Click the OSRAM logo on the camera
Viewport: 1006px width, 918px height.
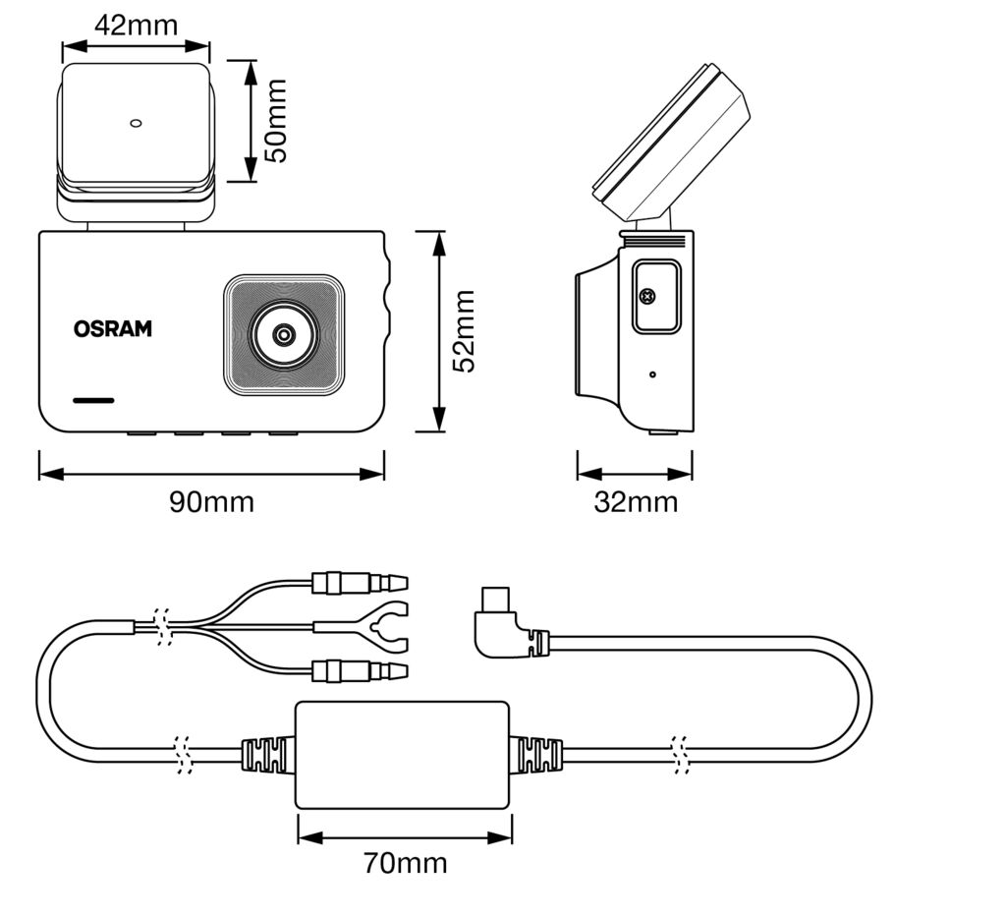[113, 329]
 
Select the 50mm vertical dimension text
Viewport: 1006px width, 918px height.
[276, 121]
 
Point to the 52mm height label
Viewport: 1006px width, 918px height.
[463, 331]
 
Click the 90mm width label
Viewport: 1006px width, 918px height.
[211, 502]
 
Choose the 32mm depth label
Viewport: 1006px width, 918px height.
[636, 502]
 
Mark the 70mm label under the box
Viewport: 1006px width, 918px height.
[405, 864]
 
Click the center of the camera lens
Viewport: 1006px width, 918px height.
[284, 335]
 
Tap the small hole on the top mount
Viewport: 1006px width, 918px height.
[137, 124]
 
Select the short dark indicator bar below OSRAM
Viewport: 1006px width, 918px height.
[93, 401]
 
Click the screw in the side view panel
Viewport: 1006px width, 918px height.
[647, 296]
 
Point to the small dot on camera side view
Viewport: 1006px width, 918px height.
[653, 374]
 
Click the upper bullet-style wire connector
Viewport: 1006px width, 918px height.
[359, 584]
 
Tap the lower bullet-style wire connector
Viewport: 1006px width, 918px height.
[359, 671]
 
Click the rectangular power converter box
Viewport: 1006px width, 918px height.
[403, 755]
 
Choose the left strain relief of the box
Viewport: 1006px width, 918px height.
[267, 756]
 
